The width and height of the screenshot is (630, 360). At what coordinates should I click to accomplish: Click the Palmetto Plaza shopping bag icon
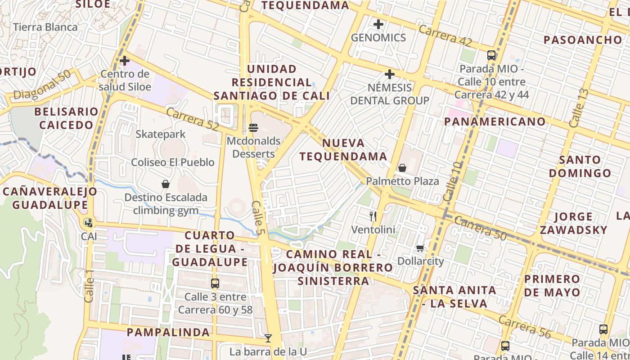coord(402,168)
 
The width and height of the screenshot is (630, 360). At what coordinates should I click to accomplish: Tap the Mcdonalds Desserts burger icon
coord(253,128)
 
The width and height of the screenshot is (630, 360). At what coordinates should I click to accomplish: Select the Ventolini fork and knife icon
coord(373,216)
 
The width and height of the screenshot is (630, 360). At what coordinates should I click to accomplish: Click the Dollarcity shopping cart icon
coord(420,248)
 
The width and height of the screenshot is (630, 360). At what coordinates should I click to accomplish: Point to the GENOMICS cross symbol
coord(378,24)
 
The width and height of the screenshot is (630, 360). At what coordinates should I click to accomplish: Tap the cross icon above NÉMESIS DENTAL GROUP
coord(390,74)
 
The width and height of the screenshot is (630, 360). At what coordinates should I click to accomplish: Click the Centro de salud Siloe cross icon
coord(125,60)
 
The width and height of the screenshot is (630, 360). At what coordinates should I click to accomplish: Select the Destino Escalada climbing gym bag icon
coord(166,184)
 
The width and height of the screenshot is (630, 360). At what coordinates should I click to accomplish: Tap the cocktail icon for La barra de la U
coord(268,338)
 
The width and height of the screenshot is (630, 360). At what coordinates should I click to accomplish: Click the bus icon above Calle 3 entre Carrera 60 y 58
coord(215,283)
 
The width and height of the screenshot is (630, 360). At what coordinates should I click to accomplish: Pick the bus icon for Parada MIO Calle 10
coord(491,55)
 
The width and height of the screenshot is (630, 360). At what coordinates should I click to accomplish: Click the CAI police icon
coord(89,222)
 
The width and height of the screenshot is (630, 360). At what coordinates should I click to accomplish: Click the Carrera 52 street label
coord(192,120)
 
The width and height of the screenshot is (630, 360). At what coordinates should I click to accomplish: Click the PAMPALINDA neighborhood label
coord(168,333)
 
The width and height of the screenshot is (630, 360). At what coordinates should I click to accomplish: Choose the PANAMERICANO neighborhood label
coord(495,121)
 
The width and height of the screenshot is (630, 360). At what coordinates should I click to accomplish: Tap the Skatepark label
coord(161,134)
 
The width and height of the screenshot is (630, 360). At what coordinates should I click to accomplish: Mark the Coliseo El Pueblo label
coord(173,162)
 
